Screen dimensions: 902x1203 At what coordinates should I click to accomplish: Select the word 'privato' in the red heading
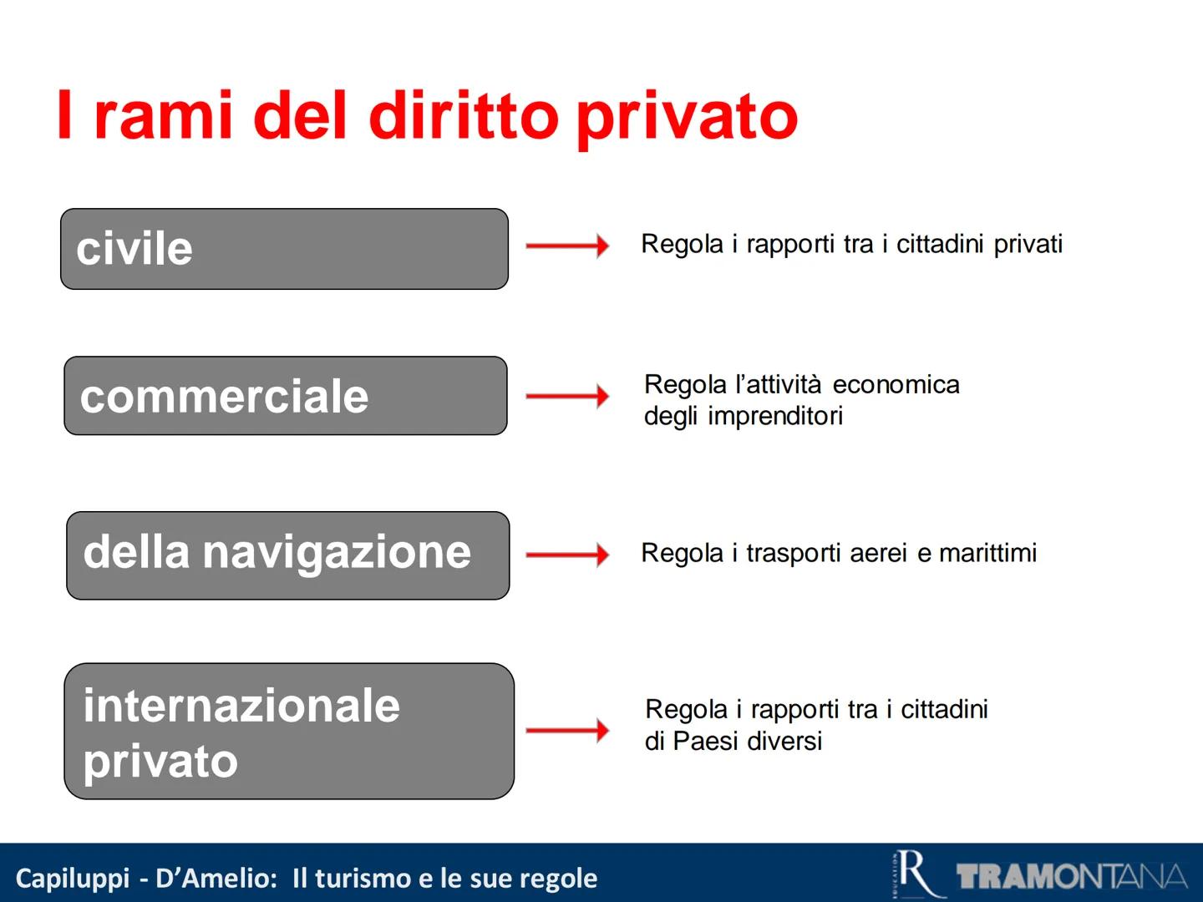(687, 116)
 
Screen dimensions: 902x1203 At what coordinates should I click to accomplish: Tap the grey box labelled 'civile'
(284, 249)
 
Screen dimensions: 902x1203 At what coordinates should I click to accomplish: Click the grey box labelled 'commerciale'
(285, 396)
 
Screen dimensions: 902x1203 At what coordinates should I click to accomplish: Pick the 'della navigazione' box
(287, 555)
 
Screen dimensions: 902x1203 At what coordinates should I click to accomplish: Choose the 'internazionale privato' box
(288, 732)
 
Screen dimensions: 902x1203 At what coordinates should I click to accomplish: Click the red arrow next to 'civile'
(567, 246)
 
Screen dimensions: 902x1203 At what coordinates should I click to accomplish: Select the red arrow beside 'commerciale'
(567, 396)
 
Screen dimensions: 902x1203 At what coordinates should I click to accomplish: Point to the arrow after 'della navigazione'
(567, 555)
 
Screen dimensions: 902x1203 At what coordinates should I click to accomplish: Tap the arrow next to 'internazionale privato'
(567, 731)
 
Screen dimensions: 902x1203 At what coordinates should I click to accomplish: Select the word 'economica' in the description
(896, 384)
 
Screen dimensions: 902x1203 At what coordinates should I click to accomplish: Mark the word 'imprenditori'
(775, 416)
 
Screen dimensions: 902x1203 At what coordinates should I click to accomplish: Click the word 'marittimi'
(987, 553)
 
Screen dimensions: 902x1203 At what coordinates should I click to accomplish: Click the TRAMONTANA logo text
(1071, 876)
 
